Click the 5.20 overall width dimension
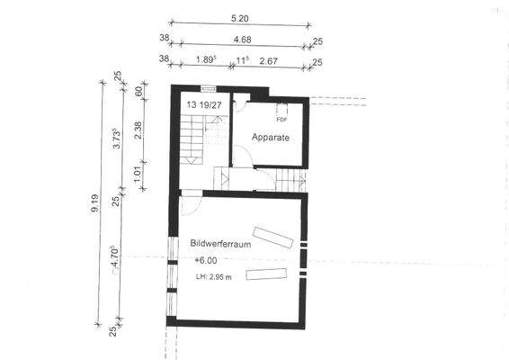point(239,17)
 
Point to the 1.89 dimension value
point(206,60)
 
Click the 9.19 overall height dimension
point(97,210)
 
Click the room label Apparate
point(271,139)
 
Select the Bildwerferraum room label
point(219,243)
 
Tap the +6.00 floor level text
point(205,261)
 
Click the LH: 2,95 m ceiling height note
point(213,276)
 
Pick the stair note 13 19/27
point(206,105)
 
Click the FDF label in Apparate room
point(281,119)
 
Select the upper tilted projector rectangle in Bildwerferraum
point(273,235)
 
